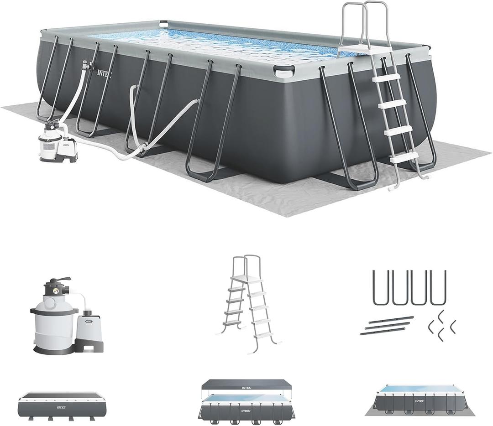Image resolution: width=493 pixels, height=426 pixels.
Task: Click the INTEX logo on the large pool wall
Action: point(104,73)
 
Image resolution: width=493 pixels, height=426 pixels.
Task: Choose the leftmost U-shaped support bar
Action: point(380,287)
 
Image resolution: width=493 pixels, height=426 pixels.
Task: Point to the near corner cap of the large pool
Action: point(284,70)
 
